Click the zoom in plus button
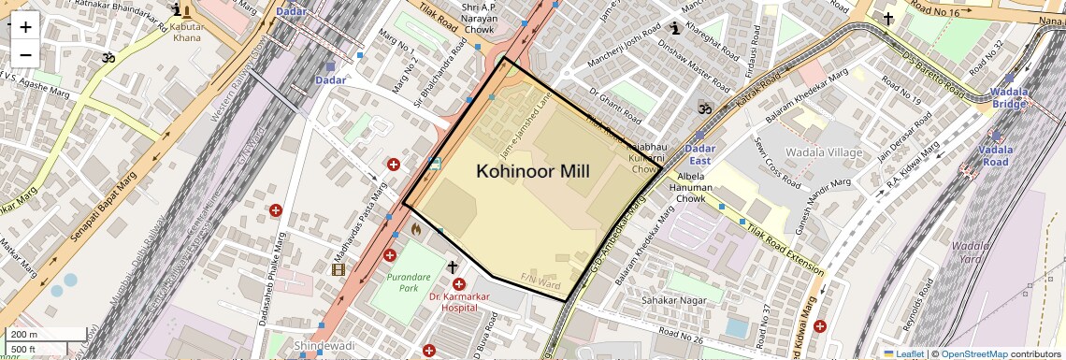tap(25, 26)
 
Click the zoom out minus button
tap(25, 54)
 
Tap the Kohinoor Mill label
tap(533, 171)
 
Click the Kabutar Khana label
tap(185, 32)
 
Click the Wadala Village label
tap(797, 152)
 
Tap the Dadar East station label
tap(700, 154)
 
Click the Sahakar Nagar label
tap(670, 300)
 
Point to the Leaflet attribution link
tap(903, 353)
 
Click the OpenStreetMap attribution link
tap(973, 353)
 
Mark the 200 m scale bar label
tap(22, 335)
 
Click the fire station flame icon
tap(415, 227)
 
